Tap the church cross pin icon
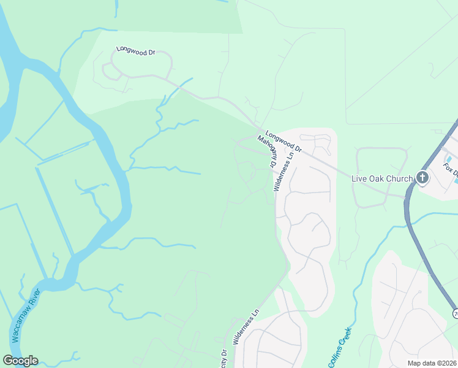(422, 178)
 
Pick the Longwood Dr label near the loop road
(136, 52)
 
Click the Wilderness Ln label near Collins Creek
(244, 332)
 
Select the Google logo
(20, 361)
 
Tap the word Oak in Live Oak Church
(372, 179)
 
